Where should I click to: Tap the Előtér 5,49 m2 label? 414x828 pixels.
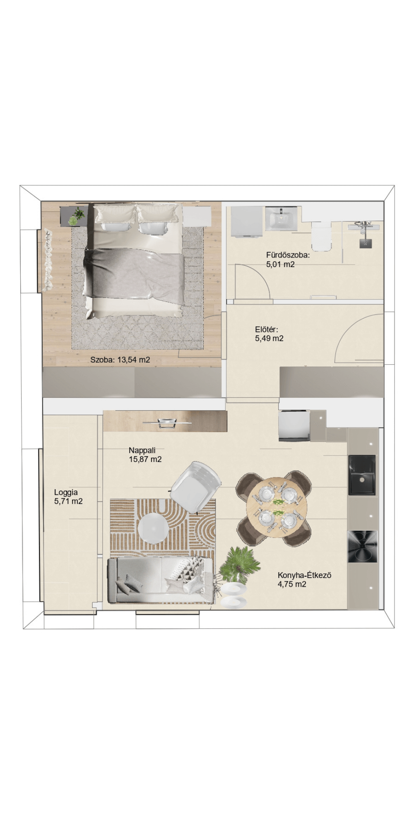(x=269, y=334)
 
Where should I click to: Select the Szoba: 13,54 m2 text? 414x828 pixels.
(x=120, y=360)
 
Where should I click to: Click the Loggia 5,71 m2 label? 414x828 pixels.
(x=68, y=497)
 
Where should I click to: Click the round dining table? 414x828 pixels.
(x=277, y=507)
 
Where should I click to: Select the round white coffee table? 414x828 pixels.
(x=153, y=528)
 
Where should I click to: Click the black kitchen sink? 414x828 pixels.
(x=362, y=475)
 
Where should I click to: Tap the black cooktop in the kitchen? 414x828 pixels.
(x=362, y=546)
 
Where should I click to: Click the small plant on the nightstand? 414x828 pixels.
(x=77, y=217)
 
